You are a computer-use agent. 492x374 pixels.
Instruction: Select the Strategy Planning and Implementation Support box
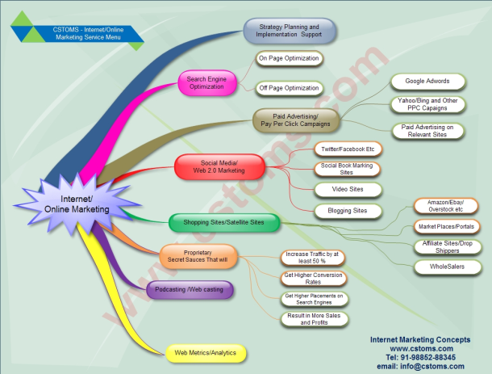point(290,32)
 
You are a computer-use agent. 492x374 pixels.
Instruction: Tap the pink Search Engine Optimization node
point(206,82)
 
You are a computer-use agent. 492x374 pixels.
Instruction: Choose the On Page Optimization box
point(289,59)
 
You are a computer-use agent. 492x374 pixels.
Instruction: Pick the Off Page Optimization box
point(289,88)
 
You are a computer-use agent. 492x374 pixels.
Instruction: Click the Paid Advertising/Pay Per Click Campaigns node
point(296,121)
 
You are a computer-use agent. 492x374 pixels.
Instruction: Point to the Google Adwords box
point(427,82)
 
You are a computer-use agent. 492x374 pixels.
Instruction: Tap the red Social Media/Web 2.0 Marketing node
point(219,166)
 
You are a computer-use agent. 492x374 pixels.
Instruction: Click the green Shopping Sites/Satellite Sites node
point(223,221)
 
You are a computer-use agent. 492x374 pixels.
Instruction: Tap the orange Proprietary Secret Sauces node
point(199,256)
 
